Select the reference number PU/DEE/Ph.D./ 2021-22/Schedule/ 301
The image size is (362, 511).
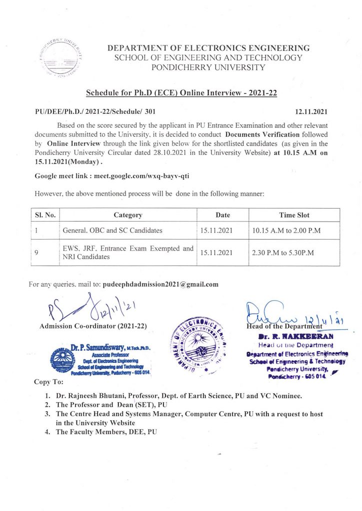(99, 113)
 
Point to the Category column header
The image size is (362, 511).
(128, 215)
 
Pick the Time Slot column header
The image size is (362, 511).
(293, 215)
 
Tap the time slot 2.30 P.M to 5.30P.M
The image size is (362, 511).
(282, 253)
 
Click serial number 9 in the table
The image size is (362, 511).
(37, 253)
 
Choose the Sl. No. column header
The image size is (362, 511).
(44, 215)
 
